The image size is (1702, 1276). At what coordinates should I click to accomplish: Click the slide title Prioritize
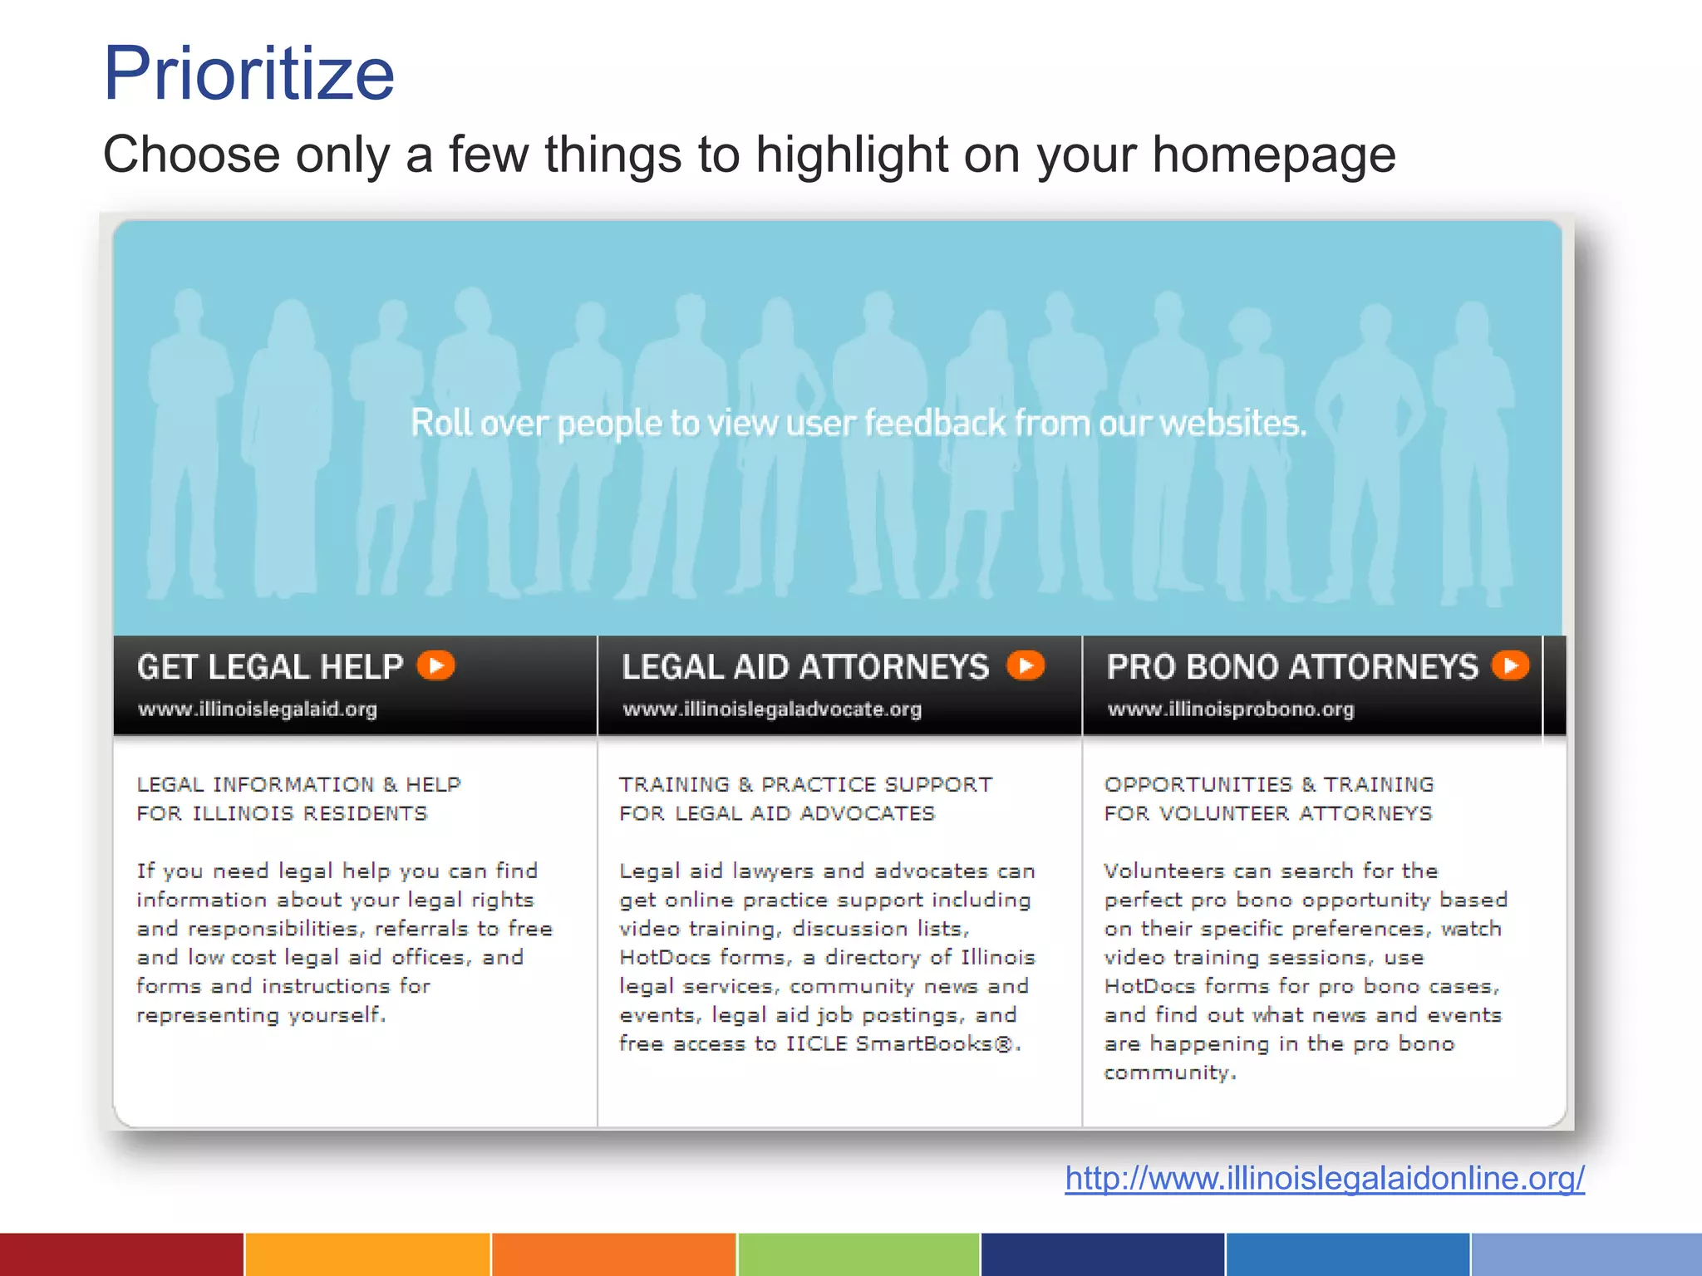[248, 74]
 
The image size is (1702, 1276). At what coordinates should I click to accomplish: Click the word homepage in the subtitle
[1273, 155]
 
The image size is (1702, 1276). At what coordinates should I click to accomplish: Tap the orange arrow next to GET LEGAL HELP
[436, 665]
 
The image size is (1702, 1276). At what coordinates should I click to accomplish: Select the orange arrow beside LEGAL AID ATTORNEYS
[1026, 665]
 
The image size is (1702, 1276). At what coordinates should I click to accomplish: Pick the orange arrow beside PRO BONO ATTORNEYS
[1510, 665]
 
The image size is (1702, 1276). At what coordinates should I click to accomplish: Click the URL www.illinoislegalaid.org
[258, 709]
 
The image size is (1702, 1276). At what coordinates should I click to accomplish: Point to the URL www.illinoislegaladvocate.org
[772, 709]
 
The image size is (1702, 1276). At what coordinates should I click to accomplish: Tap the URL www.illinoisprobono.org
[1231, 709]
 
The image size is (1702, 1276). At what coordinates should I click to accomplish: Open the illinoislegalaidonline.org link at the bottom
[1325, 1178]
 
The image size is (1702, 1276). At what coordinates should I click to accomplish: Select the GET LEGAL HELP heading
[270, 667]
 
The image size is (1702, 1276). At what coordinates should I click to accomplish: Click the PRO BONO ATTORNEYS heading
[1292, 667]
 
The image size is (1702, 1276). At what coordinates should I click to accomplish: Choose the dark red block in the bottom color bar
[121, 1254]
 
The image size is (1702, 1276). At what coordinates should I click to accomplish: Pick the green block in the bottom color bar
[858, 1254]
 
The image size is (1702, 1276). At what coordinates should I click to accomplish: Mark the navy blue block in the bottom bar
[1102, 1254]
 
